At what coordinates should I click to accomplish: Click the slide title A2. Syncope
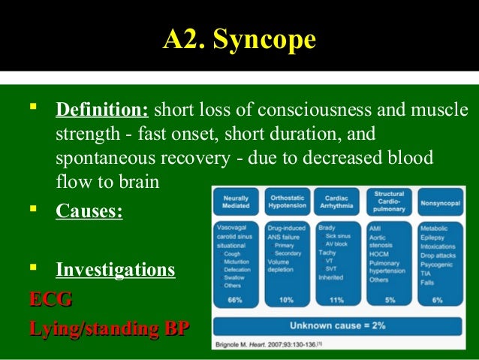click(x=239, y=39)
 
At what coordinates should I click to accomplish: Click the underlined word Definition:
click(x=102, y=111)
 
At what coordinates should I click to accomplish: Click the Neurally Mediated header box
click(x=236, y=201)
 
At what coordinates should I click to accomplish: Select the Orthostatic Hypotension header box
click(x=286, y=201)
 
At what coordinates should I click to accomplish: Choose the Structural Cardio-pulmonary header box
click(x=389, y=202)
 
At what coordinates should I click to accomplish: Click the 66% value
click(x=235, y=300)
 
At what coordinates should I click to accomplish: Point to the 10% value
click(x=286, y=300)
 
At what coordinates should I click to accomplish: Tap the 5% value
click(x=388, y=300)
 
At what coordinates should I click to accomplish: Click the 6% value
click(x=438, y=300)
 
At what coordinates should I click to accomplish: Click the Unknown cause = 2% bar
click(x=337, y=325)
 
